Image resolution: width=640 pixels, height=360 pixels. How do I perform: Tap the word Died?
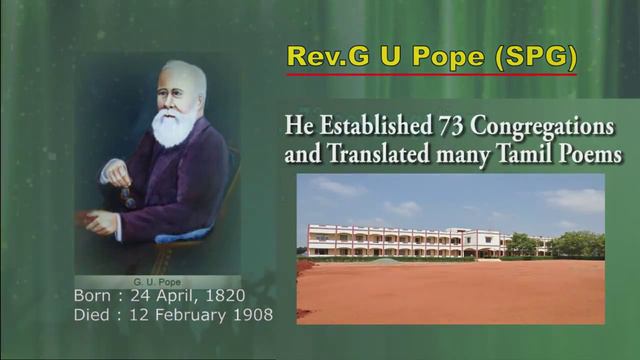(93, 314)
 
